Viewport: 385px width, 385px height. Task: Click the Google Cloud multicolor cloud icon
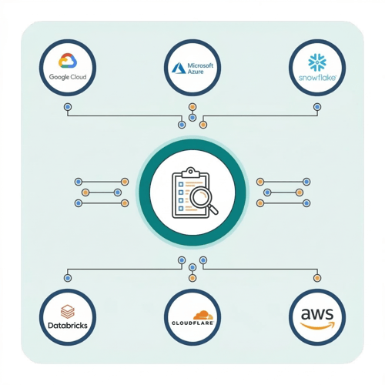68,61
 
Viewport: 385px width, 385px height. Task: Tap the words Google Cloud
68,77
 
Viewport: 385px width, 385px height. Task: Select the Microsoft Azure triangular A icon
179,69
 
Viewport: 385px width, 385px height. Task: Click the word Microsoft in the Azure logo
200,65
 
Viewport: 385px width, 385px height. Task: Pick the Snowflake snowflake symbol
317,62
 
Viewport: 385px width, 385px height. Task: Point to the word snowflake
317,78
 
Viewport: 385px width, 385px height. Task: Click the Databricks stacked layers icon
68,311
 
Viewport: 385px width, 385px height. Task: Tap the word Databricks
68,326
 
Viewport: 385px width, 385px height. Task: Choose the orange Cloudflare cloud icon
203,315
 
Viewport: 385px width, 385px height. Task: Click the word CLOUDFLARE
192,323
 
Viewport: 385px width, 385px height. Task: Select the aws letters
317,313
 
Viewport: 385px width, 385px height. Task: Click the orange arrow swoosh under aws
318,326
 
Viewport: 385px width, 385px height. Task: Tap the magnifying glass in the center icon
203,199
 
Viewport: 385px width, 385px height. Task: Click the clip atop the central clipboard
190,172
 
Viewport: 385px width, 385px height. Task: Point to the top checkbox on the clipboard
181,184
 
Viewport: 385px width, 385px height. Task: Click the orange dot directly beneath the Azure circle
192,107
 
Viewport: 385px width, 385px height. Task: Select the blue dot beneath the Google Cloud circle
68,107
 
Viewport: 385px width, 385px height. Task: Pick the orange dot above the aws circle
317,278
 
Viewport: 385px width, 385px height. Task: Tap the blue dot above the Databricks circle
68,278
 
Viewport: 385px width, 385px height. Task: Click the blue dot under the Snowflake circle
317,107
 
